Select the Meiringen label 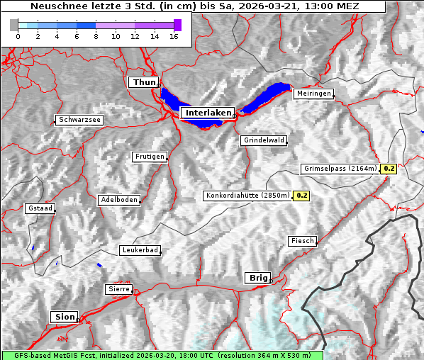click(x=313, y=94)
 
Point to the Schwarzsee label click(x=79, y=120)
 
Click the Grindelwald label click(x=264, y=140)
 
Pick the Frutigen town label click(x=149, y=157)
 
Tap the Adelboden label click(x=118, y=200)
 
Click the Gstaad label click(x=40, y=208)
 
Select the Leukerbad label click(x=140, y=250)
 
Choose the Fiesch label click(x=302, y=241)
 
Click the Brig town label click(x=257, y=278)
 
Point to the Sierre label click(x=118, y=289)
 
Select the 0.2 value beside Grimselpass click(x=389, y=169)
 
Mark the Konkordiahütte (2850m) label click(x=247, y=196)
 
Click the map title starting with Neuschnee click(x=194, y=6)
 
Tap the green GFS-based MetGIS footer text click(x=162, y=355)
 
